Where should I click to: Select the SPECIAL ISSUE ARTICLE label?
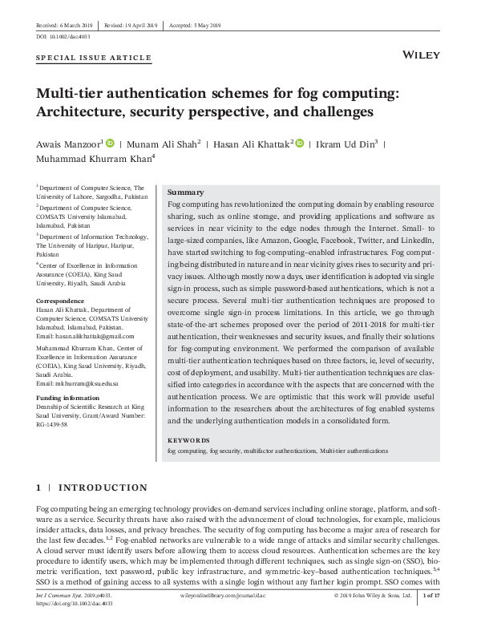94,59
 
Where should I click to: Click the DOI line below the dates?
61,37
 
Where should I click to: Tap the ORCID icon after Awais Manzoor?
110,144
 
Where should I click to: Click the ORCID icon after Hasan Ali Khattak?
299,144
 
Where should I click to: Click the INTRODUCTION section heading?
103,487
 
